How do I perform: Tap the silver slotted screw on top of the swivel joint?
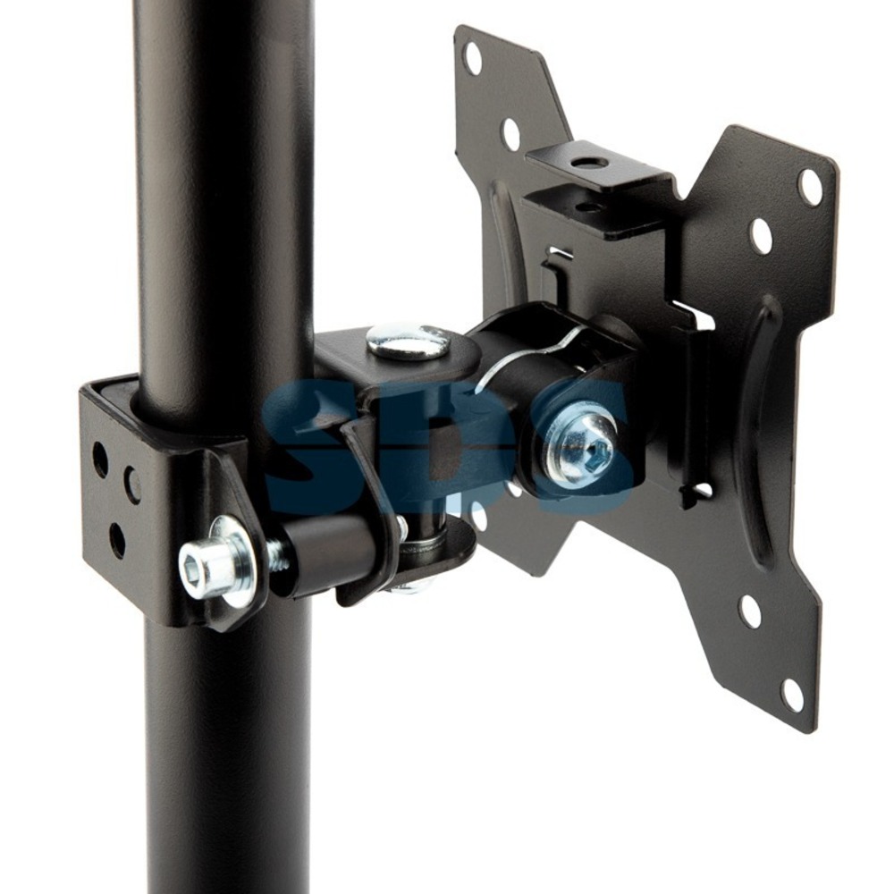407,342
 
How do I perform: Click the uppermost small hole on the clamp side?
100,456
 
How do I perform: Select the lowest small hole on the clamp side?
117,537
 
